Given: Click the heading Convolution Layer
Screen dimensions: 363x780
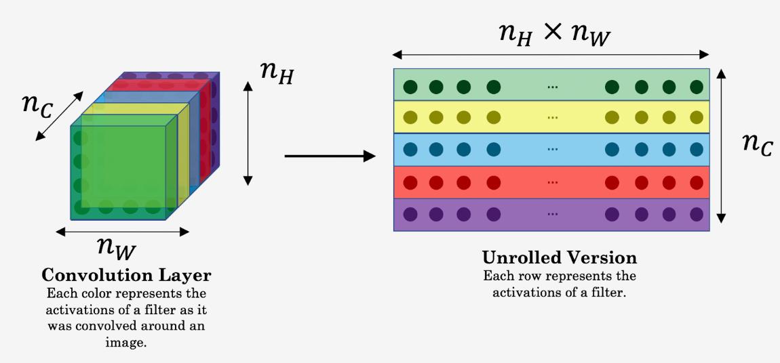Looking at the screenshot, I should pyautogui.click(x=126, y=276).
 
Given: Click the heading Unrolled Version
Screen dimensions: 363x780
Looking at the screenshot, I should pyautogui.click(x=560, y=258).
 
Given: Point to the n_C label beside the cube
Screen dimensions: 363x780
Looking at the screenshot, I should pyautogui.click(x=37, y=107).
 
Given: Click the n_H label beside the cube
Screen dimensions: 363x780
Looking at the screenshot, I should pyautogui.click(x=277, y=72).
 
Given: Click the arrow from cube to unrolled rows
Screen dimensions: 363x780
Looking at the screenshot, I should pyautogui.click(x=330, y=156).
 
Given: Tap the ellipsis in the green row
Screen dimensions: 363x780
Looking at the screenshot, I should pyautogui.click(x=552, y=87).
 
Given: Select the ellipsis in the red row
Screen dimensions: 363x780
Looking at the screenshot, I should pyautogui.click(x=552, y=183).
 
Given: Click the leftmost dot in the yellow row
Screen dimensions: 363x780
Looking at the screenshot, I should pyautogui.click(x=410, y=118).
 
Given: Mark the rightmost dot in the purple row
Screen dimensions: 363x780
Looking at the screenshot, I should pyautogui.click(x=697, y=214).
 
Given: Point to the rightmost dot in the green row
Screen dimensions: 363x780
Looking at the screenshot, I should pyautogui.click(x=697, y=87).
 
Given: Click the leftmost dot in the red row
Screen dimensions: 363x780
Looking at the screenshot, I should pyautogui.click(x=410, y=183).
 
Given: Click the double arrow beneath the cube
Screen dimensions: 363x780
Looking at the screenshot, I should pyautogui.click(x=123, y=232).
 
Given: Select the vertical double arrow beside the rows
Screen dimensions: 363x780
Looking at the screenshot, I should pyautogui.click(x=722, y=145).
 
